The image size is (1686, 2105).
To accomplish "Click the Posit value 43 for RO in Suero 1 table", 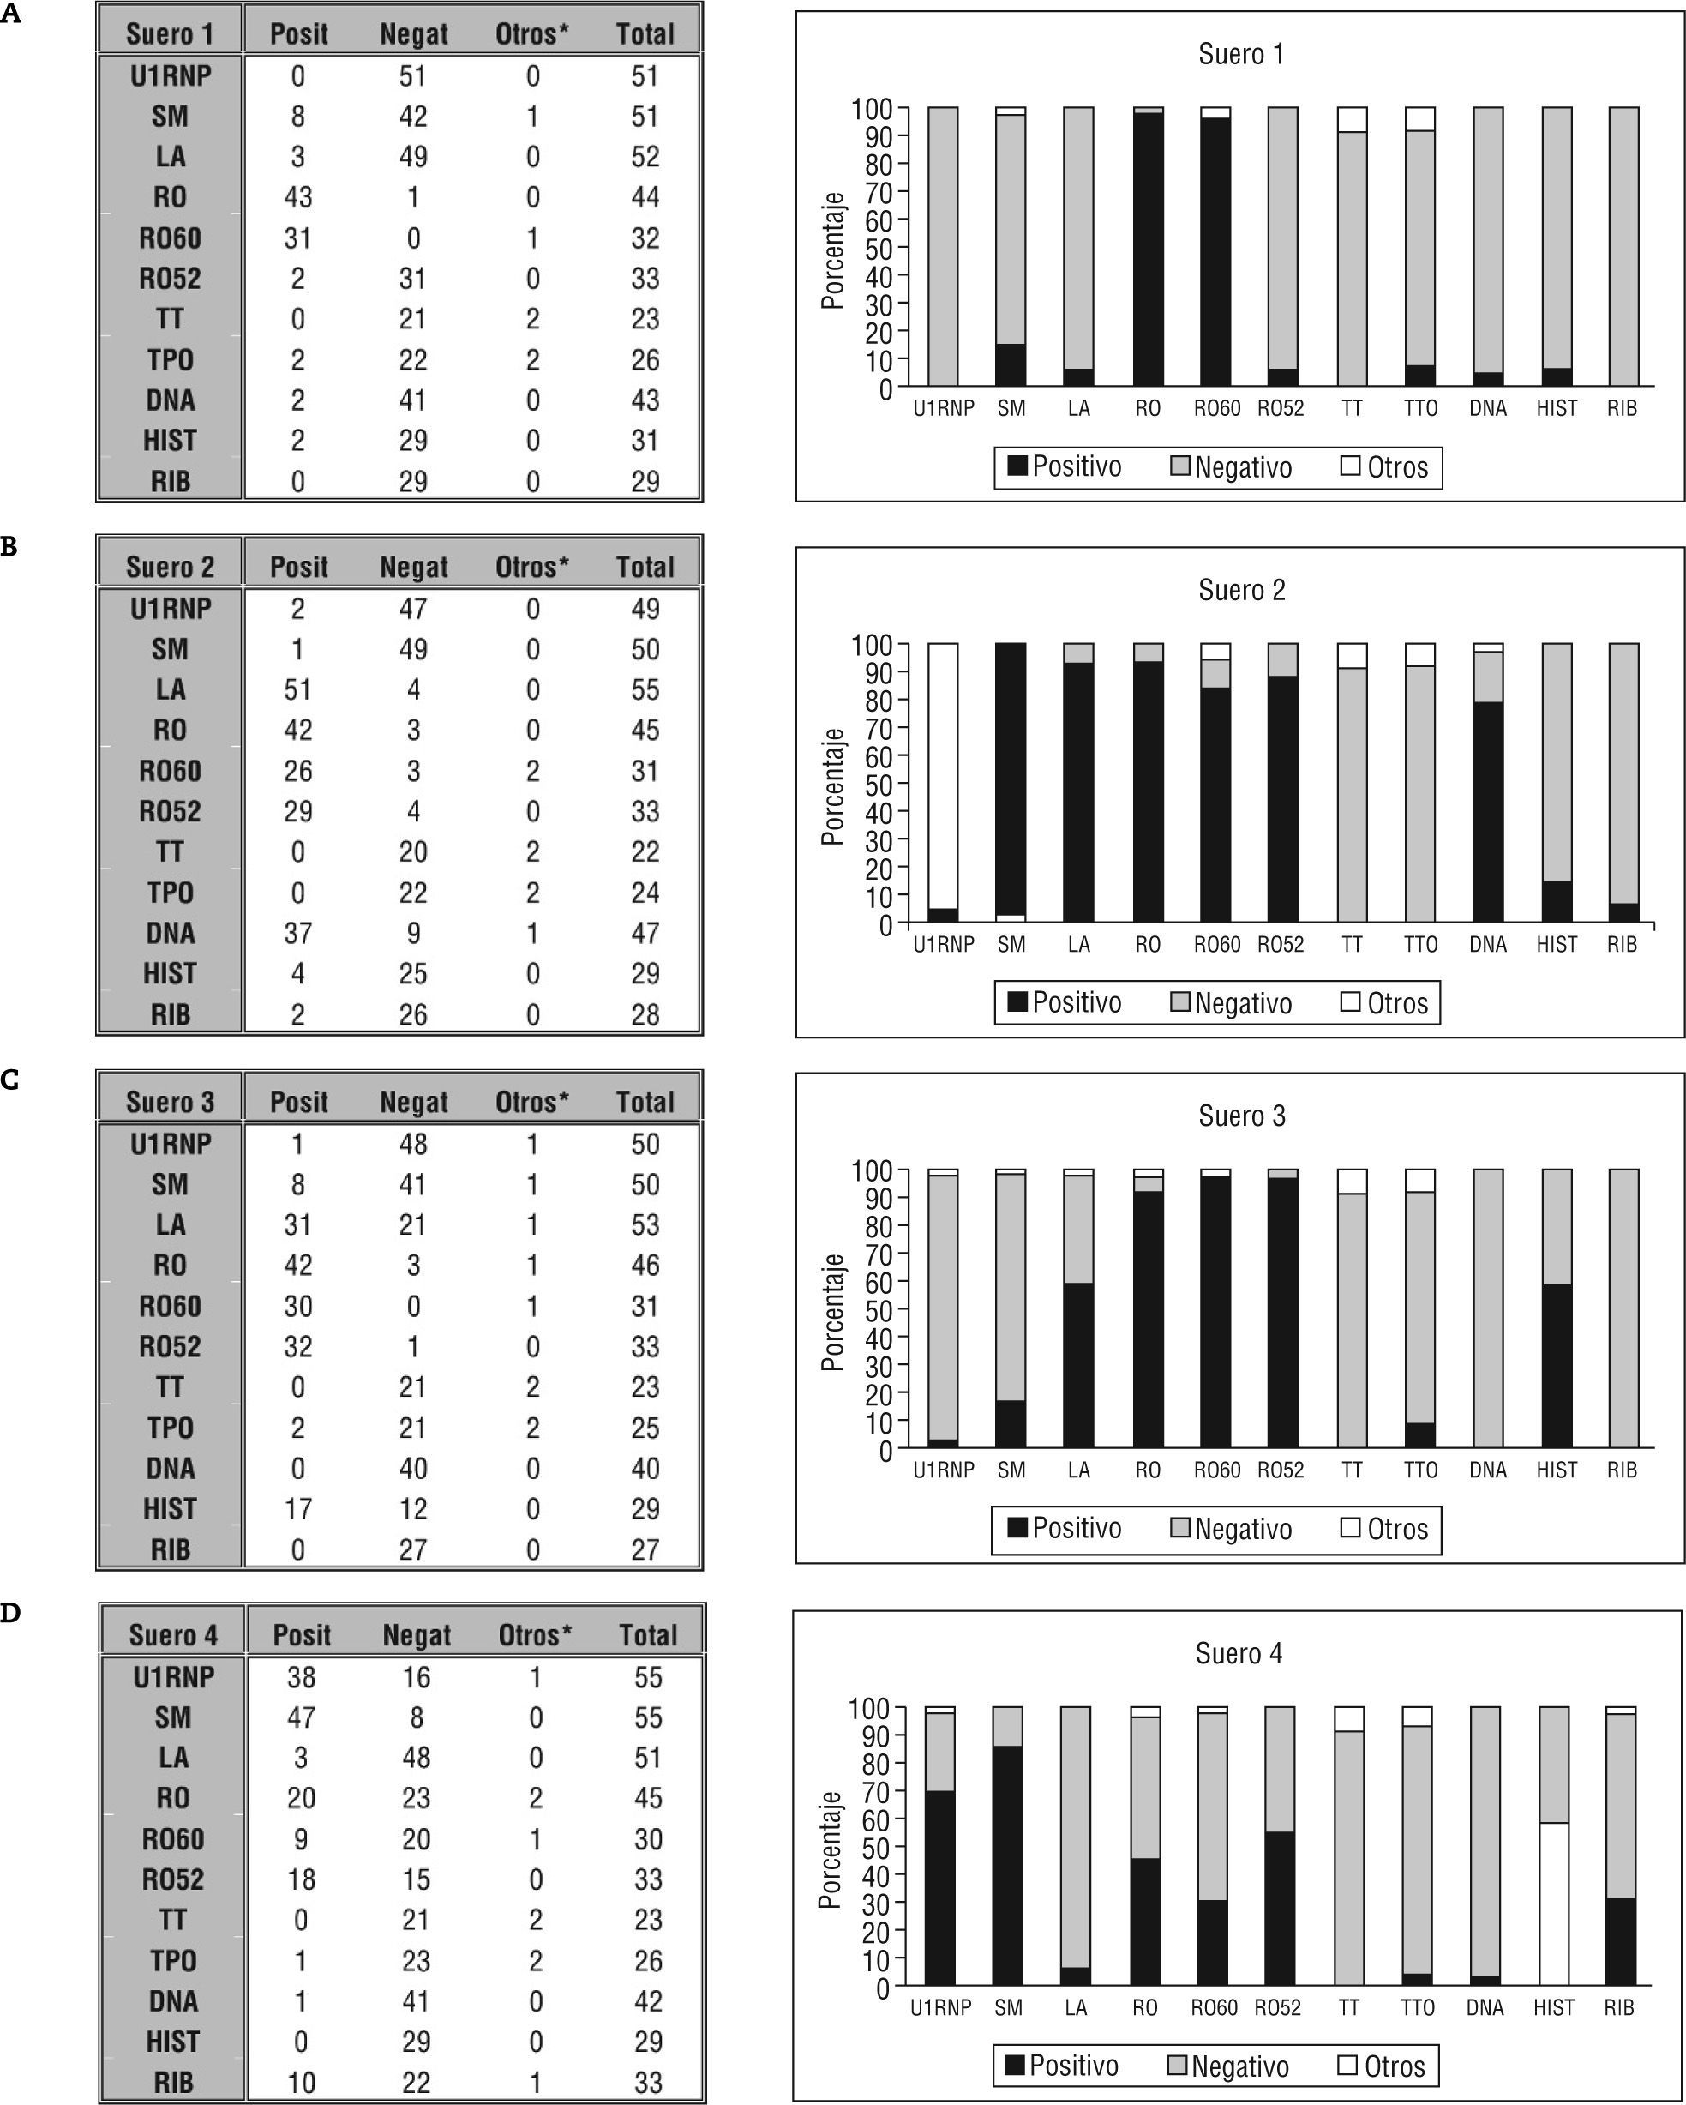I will pos(297,197).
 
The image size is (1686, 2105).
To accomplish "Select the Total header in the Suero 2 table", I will pos(645,568).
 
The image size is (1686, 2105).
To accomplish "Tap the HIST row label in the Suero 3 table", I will pos(170,1509).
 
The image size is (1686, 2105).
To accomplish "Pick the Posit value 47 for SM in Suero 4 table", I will pos(301,1718).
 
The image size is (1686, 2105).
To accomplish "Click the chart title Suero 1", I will pos(1241,55).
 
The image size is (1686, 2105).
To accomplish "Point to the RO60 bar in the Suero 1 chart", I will pos(1215,249).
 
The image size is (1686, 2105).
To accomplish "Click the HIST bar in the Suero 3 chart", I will pos(1557,1367).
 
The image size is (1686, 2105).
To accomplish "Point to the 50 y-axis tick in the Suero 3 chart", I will pos(879,1310).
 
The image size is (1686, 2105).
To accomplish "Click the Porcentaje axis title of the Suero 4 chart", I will pos(831,1851).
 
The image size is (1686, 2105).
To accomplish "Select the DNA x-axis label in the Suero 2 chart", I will pos(1488,945).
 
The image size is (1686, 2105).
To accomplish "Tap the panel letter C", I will pos(9,1080).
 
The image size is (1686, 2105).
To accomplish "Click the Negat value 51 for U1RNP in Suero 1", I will pos(413,76).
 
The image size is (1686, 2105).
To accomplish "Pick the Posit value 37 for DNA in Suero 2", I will pos(297,934).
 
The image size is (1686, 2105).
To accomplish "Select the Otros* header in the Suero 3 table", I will pos(532,1103).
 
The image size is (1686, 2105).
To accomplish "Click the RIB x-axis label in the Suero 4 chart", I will pos(1618,2008).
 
